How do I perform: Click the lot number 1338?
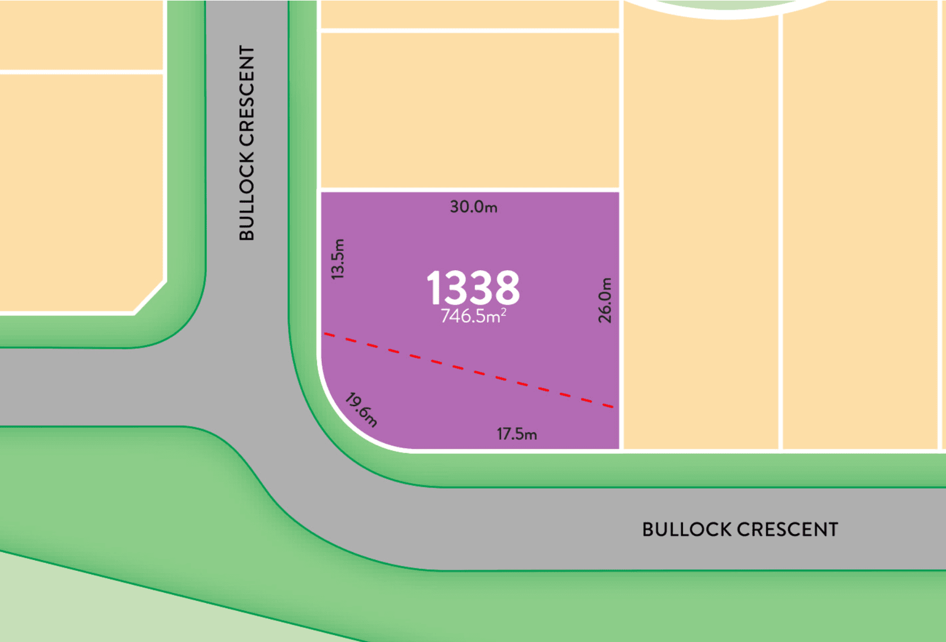point(473,288)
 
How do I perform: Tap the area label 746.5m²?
point(473,315)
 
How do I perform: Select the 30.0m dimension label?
point(473,207)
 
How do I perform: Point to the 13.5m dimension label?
point(338,259)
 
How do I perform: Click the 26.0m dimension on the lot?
point(605,300)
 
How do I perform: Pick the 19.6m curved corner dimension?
point(361,409)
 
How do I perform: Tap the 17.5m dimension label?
point(517,434)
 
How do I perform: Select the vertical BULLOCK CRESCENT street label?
point(247,143)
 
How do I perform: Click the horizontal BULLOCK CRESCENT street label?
point(740,530)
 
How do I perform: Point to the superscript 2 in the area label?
point(503,311)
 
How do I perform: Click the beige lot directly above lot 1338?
point(469,110)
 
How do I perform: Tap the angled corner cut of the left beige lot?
point(150,297)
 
